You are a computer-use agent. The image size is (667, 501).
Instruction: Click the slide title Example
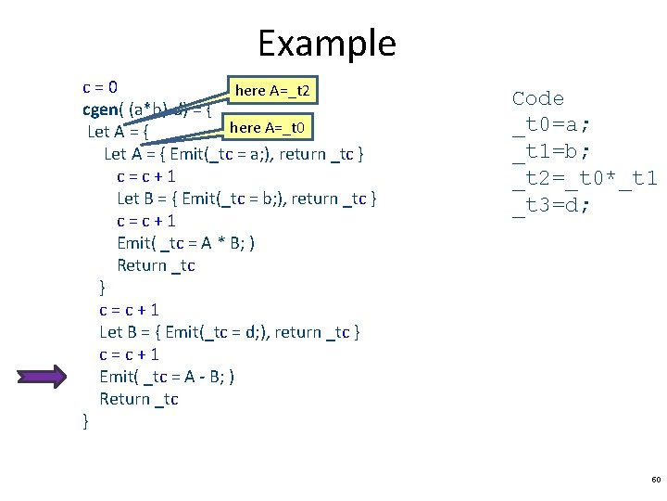(327, 44)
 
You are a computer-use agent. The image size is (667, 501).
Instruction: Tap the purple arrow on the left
(43, 376)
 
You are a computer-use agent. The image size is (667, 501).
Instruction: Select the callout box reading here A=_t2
(276, 90)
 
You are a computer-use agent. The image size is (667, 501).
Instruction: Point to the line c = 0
(100, 88)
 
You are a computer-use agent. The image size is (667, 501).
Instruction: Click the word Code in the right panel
(537, 98)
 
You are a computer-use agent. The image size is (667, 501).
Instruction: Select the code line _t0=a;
(551, 125)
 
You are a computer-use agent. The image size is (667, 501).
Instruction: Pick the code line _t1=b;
(551, 152)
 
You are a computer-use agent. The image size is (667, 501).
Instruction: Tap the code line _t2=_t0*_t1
(585, 179)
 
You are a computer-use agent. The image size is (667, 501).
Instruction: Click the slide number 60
(656, 480)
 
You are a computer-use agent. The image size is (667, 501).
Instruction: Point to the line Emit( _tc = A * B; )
(186, 243)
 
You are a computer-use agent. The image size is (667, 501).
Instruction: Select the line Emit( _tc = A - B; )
(167, 377)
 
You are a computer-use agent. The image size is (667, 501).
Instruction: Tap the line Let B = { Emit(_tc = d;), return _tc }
(230, 332)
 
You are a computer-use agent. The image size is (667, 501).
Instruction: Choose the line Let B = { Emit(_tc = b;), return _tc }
(246, 199)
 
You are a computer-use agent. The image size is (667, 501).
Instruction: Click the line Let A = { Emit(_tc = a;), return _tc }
(239, 154)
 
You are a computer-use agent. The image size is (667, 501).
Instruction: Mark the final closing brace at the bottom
(86, 421)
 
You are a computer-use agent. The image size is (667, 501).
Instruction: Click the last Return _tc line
(139, 399)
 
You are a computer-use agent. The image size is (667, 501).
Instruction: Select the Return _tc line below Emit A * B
(156, 265)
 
